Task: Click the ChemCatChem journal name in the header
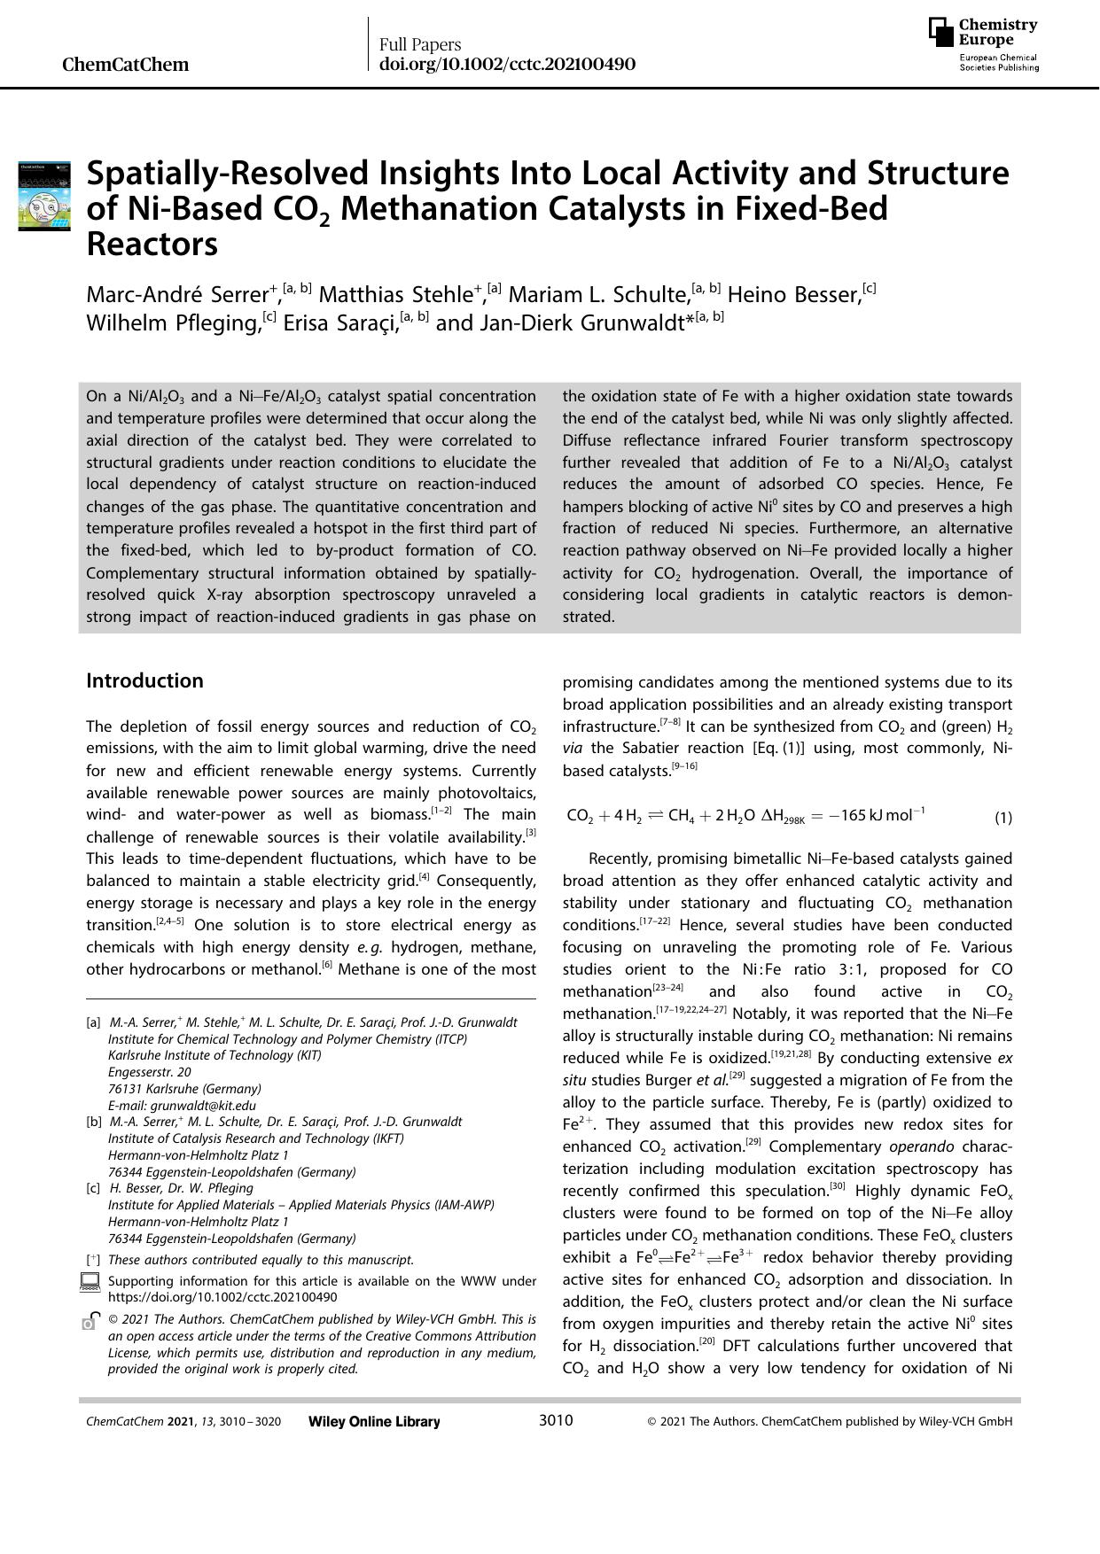pyautogui.click(x=126, y=65)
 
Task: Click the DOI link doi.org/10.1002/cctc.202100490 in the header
pyautogui.click(x=507, y=65)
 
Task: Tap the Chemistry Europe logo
pyautogui.click(x=983, y=44)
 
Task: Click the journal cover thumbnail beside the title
pyautogui.click(x=44, y=196)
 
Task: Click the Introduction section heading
pyautogui.click(x=144, y=680)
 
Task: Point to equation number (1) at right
pyautogui.click(x=1002, y=818)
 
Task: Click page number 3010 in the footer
pyautogui.click(x=556, y=1421)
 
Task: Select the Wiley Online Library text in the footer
pyautogui.click(x=374, y=1422)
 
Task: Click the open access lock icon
pyautogui.click(x=89, y=1321)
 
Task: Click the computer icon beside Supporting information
pyautogui.click(x=90, y=1282)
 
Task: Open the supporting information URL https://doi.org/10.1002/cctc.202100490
pyautogui.click(x=222, y=1297)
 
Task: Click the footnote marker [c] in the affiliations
pyautogui.click(x=93, y=1188)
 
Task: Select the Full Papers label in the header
pyautogui.click(x=420, y=44)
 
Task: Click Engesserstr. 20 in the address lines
pyautogui.click(x=150, y=1072)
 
